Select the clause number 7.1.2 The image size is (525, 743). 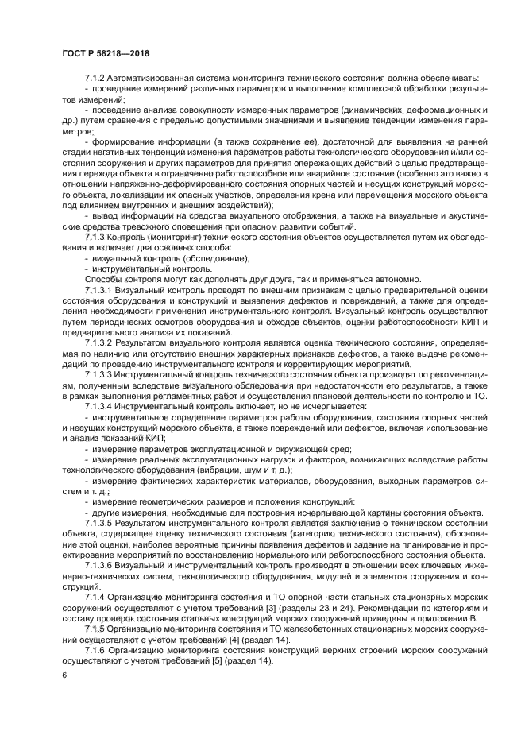(x=97, y=77)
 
